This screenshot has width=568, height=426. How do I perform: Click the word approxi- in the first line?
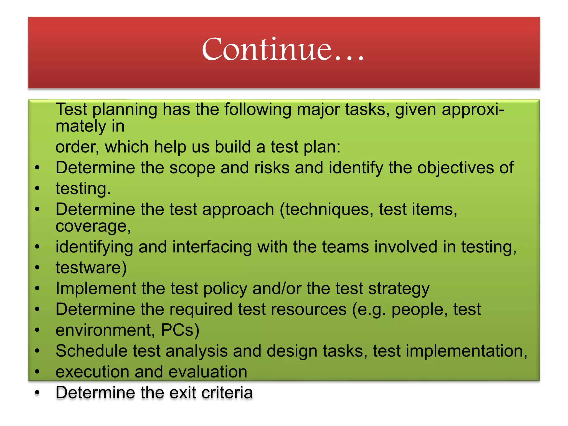click(473, 110)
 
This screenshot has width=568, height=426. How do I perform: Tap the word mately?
click(81, 126)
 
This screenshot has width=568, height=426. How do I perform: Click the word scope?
click(192, 168)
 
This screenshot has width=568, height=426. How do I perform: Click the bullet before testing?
click(37, 188)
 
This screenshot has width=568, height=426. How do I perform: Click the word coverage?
click(93, 226)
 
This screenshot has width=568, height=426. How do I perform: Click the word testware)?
click(91, 268)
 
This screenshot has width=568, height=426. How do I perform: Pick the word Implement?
click(96, 288)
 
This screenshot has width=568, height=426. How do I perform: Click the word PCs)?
click(180, 330)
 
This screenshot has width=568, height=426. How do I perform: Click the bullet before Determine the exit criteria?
click(37, 393)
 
